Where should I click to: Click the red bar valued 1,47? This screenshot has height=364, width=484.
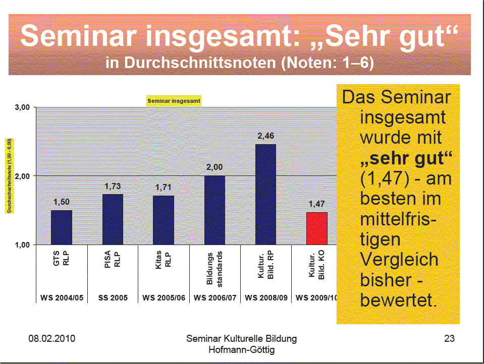[x=316, y=228]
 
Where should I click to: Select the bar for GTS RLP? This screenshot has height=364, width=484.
[x=62, y=227]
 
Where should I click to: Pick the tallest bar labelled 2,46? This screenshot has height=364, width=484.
[x=265, y=194]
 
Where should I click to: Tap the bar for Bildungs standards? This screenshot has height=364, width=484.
[x=214, y=210]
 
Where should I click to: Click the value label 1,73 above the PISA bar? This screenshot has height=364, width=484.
[x=113, y=187]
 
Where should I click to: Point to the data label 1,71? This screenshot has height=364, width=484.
[x=164, y=188]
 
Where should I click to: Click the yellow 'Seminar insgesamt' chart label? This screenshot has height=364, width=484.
[x=174, y=101]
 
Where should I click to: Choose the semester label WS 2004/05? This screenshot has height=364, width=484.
[x=62, y=298]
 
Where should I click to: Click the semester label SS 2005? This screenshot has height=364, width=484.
[x=113, y=298]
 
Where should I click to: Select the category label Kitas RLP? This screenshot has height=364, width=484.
[x=164, y=264]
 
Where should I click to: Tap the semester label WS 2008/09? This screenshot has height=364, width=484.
[x=266, y=298]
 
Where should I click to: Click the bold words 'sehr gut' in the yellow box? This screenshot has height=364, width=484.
[x=405, y=158]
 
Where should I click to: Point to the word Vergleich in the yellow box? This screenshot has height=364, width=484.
[x=399, y=260]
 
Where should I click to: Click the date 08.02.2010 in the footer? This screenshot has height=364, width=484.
[x=51, y=339]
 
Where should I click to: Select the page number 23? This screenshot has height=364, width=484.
[x=449, y=339]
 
